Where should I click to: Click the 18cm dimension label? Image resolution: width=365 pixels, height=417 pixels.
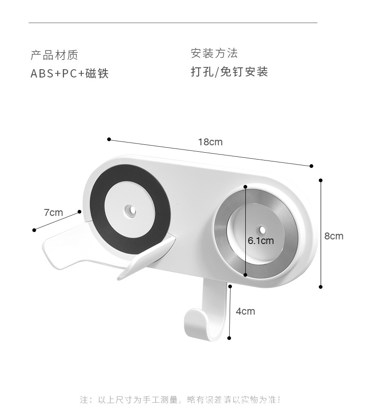tap(210, 142)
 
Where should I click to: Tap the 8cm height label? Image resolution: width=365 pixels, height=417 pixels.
tap(334, 236)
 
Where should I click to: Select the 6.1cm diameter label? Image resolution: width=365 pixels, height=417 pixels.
tap(261, 241)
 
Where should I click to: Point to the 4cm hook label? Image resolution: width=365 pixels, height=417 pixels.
tap(245, 311)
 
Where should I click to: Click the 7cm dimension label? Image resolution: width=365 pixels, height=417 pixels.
tap(53, 213)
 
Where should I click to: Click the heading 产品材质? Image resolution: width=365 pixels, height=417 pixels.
tap(55, 55)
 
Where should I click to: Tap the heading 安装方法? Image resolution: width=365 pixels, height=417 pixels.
tap(214, 54)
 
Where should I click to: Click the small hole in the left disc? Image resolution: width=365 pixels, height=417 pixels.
tap(130, 211)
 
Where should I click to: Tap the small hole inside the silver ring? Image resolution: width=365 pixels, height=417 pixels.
tap(262, 229)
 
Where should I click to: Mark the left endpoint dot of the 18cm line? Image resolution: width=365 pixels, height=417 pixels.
tap(109, 139)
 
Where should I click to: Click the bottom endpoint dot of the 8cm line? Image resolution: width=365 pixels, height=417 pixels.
tap(321, 287)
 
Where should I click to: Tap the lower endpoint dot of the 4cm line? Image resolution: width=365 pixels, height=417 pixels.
tap(230, 338)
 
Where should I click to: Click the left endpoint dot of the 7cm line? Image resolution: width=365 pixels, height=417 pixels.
tap(34, 230)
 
